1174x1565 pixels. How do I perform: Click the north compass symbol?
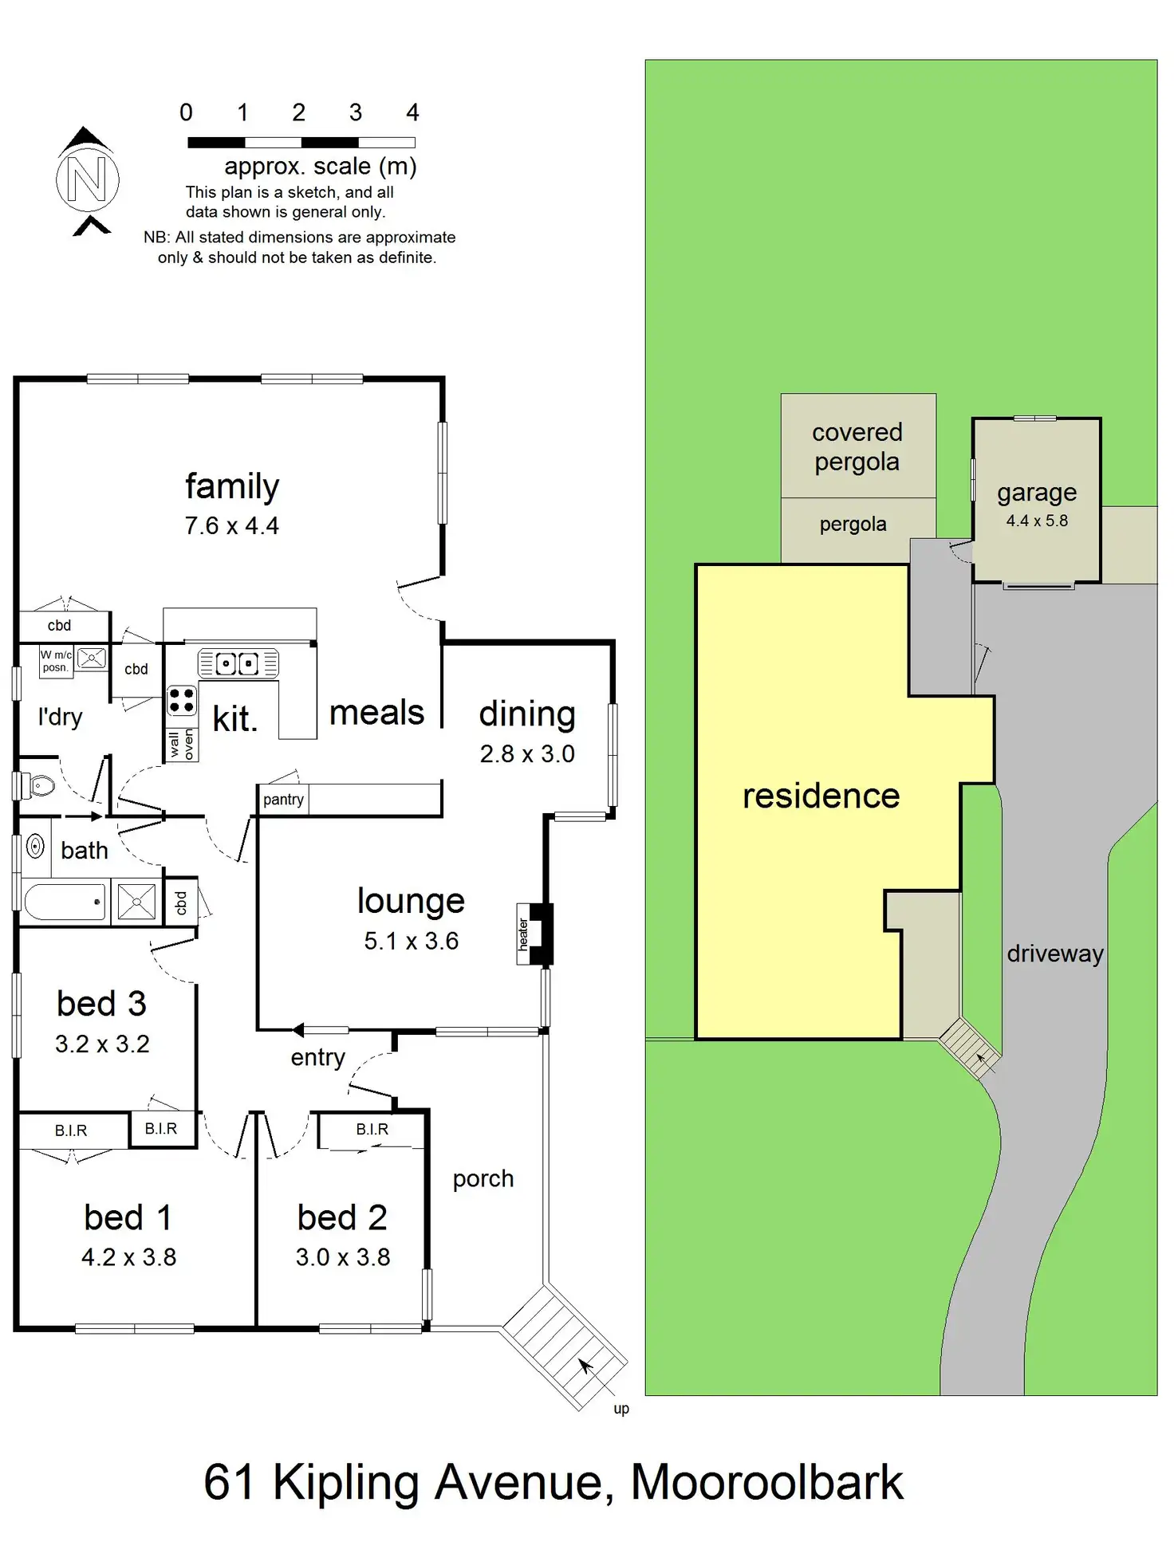click(87, 179)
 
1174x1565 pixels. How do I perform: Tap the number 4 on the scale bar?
click(412, 112)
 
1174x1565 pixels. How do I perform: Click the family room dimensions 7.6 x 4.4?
click(231, 526)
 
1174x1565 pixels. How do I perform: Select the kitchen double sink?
click(238, 663)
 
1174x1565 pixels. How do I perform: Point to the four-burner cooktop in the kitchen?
click(182, 701)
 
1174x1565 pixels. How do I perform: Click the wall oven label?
click(182, 744)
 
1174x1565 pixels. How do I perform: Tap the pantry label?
click(283, 800)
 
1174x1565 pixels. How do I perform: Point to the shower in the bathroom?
click(136, 902)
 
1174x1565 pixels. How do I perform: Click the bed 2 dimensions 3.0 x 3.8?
click(343, 1257)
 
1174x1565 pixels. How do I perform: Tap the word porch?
click(483, 1179)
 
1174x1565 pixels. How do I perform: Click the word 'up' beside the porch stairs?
click(621, 1409)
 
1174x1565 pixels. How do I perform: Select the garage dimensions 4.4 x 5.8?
click(1036, 521)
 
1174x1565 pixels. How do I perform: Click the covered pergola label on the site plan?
click(857, 446)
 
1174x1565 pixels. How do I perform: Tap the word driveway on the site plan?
click(1054, 954)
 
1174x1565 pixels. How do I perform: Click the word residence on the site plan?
click(821, 796)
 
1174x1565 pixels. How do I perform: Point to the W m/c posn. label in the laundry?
click(56, 661)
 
